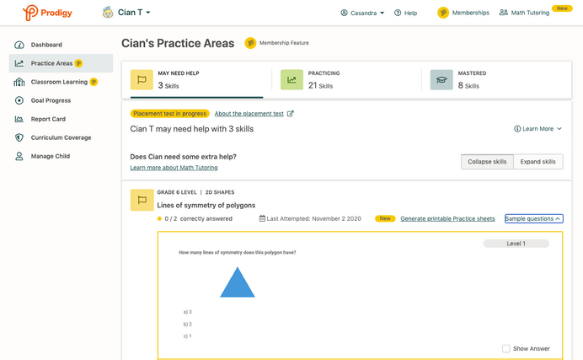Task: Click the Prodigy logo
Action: pyautogui.click(x=49, y=13)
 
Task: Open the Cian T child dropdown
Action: pyautogui.click(x=127, y=13)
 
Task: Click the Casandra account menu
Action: pyautogui.click(x=362, y=13)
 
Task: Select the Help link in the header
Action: pyautogui.click(x=405, y=13)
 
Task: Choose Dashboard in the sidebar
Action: pyautogui.click(x=46, y=45)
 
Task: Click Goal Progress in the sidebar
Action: pyautogui.click(x=51, y=100)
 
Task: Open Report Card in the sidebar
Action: pyautogui.click(x=48, y=119)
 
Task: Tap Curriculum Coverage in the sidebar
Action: pyautogui.click(x=61, y=137)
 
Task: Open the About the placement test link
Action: pyautogui.click(x=254, y=114)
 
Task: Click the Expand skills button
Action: pyautogui.click(x=537, y=161)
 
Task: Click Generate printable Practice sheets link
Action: pyautogui.click(x=447, y=219)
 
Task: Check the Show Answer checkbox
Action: pyautogui.click(x=506, y=348)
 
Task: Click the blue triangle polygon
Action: pyautogui.click(x=238, y=284)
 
